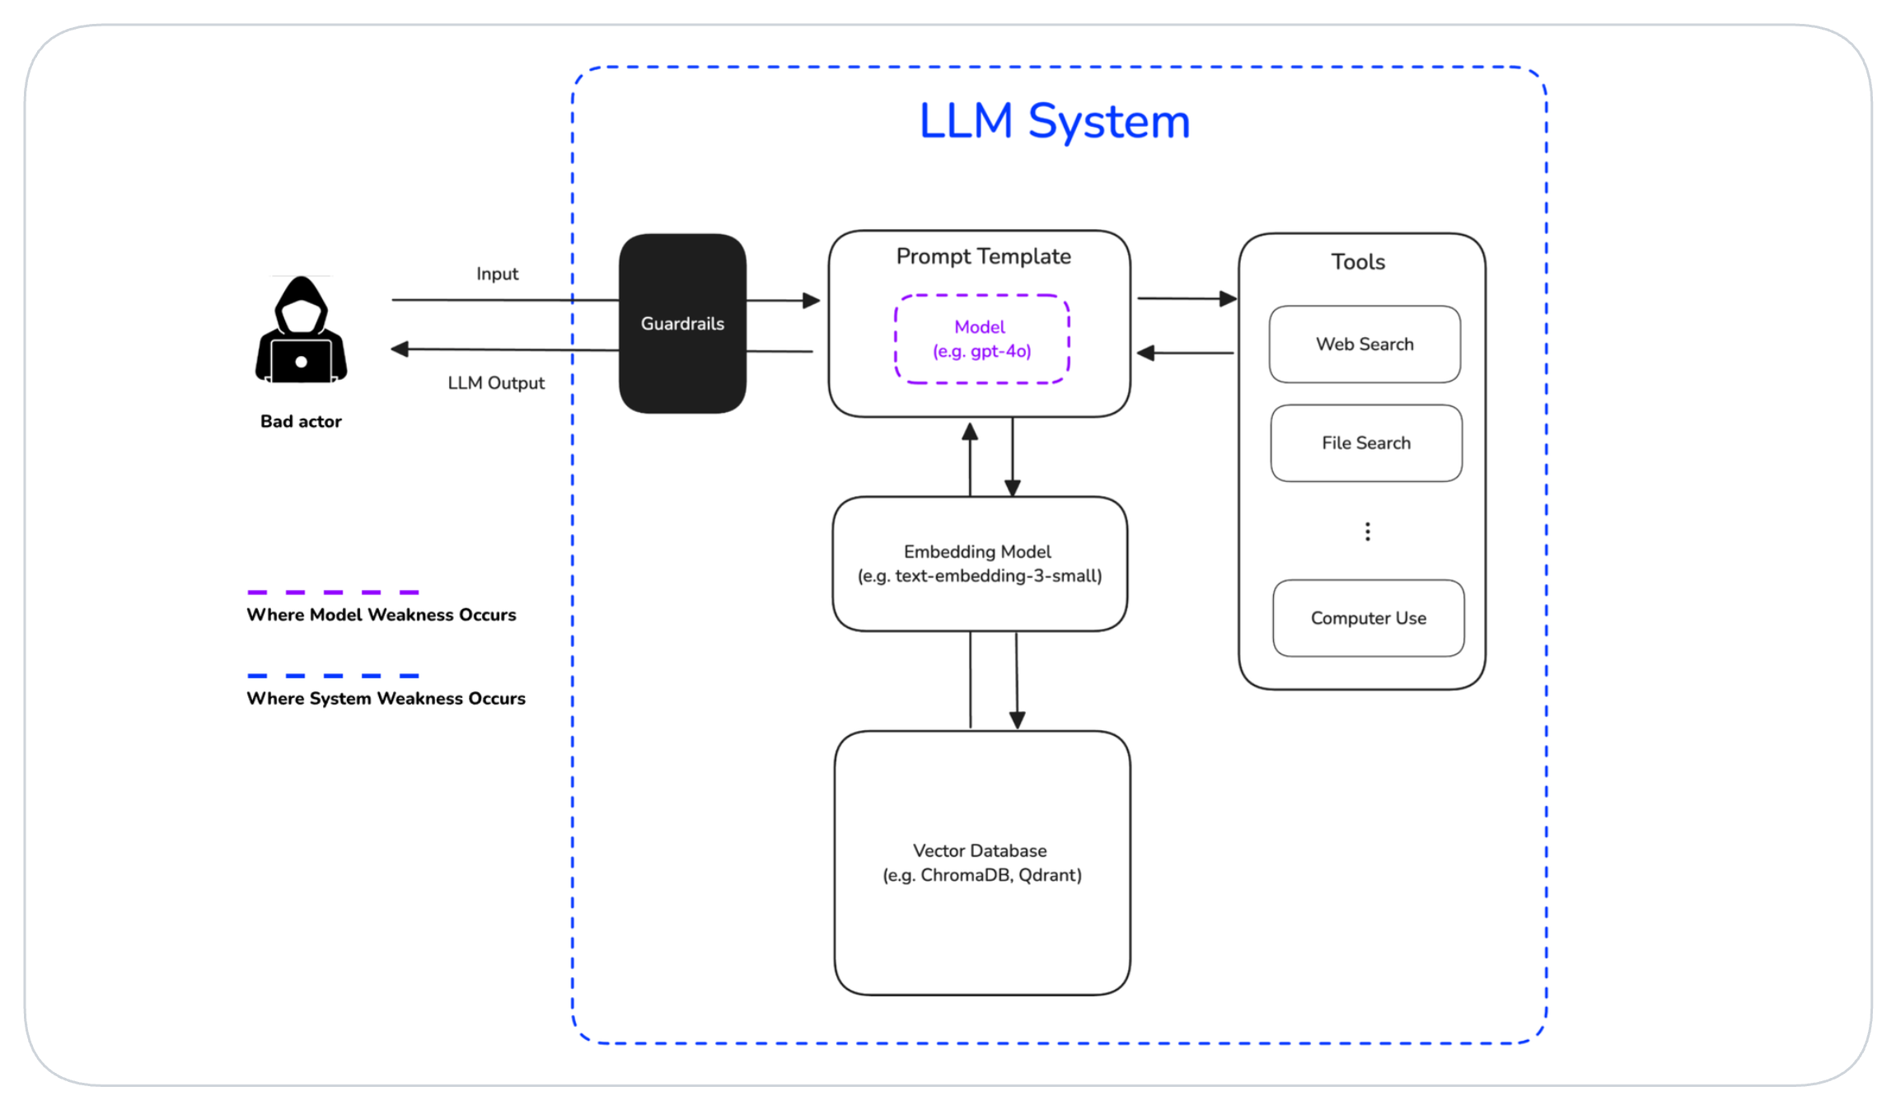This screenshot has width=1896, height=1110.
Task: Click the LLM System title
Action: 1054,121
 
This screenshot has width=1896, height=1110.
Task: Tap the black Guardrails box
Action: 682,324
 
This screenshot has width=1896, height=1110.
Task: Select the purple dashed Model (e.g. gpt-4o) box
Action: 981,339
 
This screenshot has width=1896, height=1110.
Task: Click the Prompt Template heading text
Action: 983,256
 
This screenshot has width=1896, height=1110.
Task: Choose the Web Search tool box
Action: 1365,344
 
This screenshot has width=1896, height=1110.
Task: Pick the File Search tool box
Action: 1366,443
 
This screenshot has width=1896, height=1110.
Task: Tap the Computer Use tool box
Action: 1368,618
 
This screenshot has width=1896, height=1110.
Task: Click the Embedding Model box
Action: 979,564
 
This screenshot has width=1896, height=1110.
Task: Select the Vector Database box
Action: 981,863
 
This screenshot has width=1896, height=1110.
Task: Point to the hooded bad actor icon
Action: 301,331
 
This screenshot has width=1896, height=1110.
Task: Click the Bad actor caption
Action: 301,422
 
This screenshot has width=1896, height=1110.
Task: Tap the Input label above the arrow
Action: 497,274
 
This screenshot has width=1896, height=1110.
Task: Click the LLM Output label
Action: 496,383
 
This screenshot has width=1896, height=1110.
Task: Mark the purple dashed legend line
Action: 333,592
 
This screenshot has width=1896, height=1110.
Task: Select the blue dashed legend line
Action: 333,676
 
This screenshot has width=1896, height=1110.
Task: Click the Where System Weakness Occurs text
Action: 386,699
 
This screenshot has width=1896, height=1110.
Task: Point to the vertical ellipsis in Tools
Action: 1367,532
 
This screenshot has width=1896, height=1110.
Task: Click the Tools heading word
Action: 1358,262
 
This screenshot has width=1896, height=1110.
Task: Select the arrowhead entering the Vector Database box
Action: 1018,719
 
